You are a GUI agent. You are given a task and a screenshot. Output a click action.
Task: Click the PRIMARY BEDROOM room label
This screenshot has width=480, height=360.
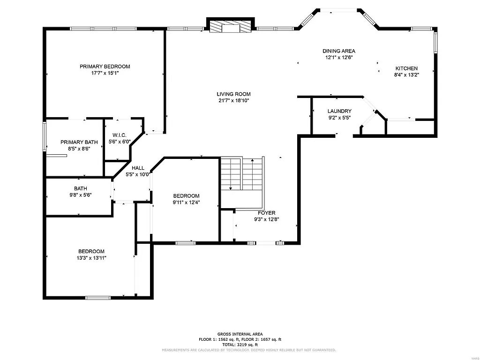[x=105, y=67]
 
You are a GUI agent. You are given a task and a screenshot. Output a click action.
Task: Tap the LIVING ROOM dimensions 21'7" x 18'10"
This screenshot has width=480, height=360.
[x=233, y=100]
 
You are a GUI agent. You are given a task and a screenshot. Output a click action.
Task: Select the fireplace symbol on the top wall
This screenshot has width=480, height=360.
[x=231, y=27]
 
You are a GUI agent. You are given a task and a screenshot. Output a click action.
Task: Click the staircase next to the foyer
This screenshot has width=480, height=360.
[x=242, y=174]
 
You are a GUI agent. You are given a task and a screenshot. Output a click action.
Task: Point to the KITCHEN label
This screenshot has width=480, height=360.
[x=406, y=68]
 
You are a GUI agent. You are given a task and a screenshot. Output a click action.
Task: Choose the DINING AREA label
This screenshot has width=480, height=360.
[x=338, y=51]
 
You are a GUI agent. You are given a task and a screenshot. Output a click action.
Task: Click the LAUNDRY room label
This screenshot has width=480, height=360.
[x=339, y=111]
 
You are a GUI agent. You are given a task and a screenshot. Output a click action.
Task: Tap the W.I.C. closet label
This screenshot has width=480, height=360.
[x=120, y=135]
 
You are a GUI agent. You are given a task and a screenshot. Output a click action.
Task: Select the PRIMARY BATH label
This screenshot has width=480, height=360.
[x=79, y=142]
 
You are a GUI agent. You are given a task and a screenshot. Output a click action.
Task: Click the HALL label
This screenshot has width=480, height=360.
[x=138, y=168]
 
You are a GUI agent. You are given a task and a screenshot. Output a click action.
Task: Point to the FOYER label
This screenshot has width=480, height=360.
[x=266, y=213]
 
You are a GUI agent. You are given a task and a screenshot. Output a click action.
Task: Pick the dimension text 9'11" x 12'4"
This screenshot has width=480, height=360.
[x=186, y=202]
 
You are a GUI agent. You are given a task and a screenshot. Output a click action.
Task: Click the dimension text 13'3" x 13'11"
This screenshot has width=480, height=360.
[x=91, y=258]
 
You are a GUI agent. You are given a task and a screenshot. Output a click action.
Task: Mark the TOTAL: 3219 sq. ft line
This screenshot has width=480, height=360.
[x=240, y=344]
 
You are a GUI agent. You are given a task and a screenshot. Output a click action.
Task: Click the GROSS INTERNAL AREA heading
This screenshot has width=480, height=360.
[x=240, y=334]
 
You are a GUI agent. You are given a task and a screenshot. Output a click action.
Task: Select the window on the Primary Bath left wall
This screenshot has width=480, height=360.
[x=45, y=136]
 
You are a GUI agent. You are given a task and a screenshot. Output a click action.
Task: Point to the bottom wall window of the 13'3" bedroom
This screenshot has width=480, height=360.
[x=98, y=297]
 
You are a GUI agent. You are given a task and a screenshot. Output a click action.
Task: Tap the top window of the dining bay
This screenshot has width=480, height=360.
[x=338, y=9]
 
